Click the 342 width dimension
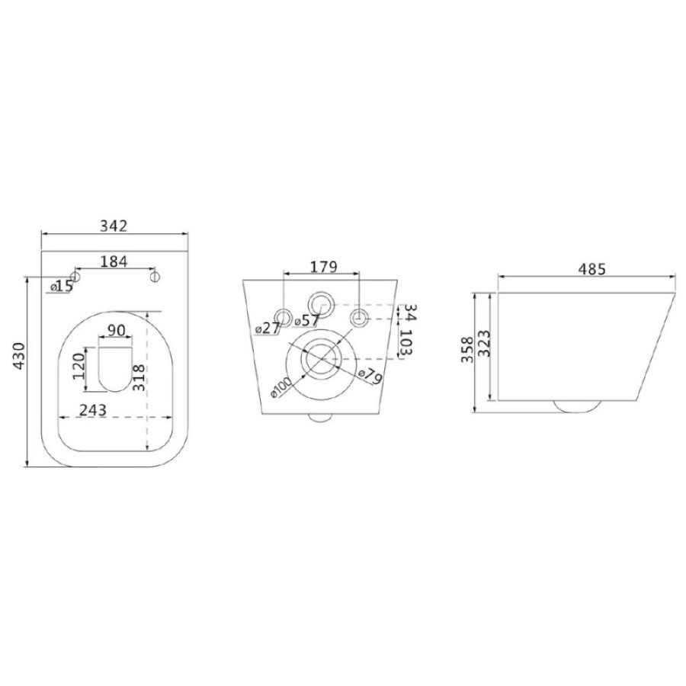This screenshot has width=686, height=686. tap(114, 226)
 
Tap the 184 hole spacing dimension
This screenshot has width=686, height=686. tap(114, 261)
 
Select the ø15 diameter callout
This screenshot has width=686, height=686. tap(62, 287)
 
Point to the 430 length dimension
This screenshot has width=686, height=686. tap(19, 356)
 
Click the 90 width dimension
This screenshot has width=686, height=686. tap(117, 330)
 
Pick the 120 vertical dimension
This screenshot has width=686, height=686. tap(79, 366)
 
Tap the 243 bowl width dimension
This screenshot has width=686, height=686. tap(93, 410)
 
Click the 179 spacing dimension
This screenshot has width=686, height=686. tap(324, 267)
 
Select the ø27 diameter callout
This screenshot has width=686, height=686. tap(267, 328)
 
